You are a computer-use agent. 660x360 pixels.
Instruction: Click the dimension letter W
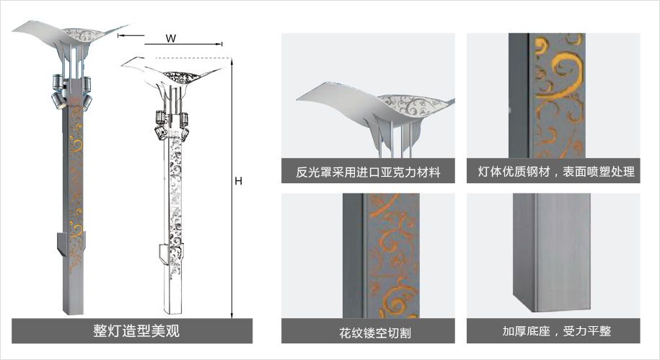170,38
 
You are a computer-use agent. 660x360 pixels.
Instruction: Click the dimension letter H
237,182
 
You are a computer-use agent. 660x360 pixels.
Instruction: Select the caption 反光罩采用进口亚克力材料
368,173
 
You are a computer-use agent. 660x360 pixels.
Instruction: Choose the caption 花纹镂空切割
369,333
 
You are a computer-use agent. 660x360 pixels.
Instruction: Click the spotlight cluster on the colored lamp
69,90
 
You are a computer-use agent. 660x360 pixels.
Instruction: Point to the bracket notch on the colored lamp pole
61,242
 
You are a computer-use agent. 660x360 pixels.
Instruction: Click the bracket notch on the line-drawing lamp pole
164,253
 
